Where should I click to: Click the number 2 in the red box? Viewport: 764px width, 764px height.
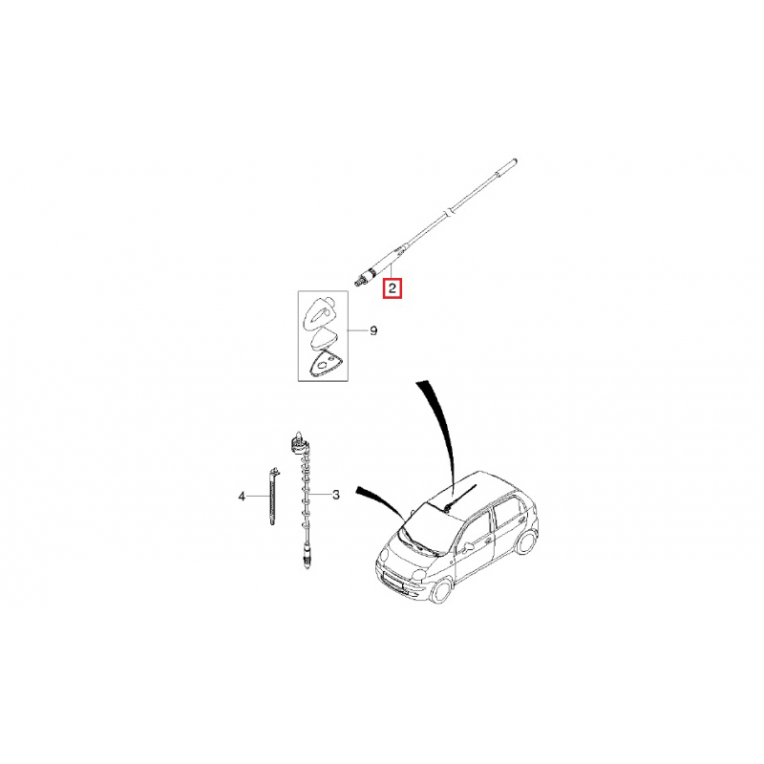393,286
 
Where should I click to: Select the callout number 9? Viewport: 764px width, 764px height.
373,331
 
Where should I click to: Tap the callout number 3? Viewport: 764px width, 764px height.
336,495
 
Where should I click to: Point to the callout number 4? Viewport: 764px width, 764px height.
242,496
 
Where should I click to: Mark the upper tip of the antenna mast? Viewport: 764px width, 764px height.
514,162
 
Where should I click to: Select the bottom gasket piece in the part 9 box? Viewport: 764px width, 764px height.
323,364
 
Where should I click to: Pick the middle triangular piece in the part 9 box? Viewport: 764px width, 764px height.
322,338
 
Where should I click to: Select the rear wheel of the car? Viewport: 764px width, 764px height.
524,542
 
